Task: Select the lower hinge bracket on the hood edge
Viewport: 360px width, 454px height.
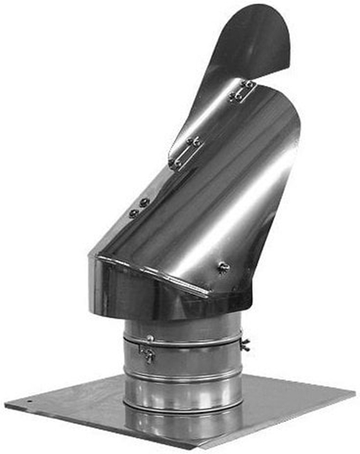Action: [186, 153]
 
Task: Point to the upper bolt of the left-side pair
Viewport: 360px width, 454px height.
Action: [144, 202]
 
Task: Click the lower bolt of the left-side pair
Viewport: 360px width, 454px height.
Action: [134, 213]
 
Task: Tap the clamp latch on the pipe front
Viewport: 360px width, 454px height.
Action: [148, 353]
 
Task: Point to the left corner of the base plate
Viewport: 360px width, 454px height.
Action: [5, 405]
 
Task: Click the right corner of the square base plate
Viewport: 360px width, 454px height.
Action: [357, 394]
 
